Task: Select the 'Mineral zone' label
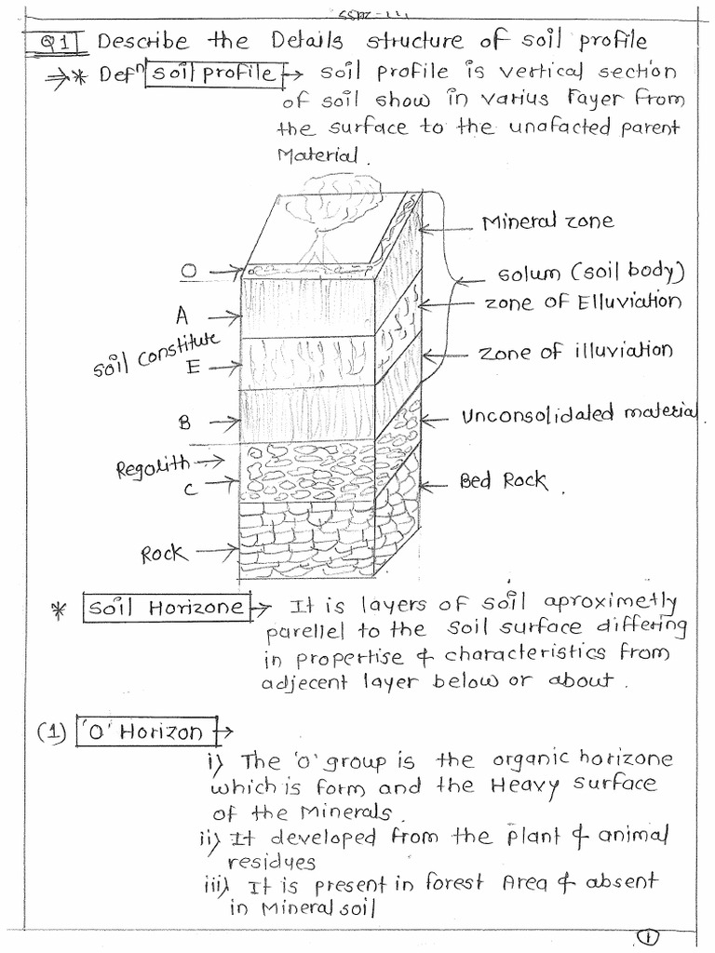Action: pos(547,221)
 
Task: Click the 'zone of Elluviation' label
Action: pos(582,302)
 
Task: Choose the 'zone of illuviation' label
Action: pos(574,352)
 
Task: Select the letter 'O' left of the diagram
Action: pos(189,272)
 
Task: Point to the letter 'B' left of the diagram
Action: pos(183,422)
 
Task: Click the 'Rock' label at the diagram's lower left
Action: pos(164,554)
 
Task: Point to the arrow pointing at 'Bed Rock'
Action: pos(438,484)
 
